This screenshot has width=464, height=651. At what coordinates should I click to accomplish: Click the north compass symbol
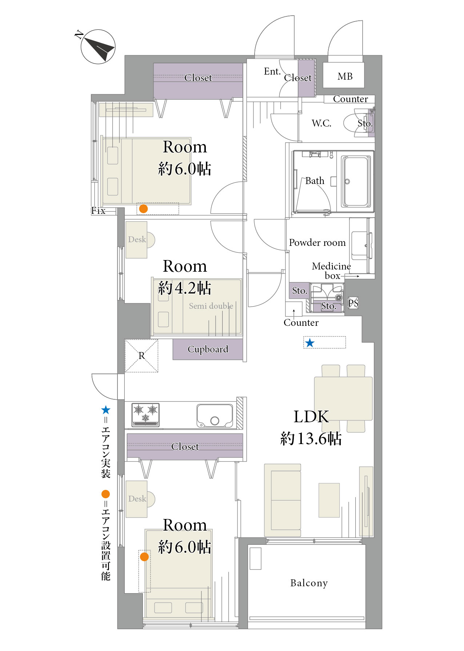97,47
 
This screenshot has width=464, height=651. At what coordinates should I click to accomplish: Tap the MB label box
344,75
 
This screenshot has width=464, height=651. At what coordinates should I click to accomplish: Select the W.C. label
321,123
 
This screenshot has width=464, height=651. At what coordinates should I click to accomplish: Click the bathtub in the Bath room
356,181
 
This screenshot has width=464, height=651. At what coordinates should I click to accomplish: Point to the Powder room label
317,243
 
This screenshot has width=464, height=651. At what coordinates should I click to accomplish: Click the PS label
353,303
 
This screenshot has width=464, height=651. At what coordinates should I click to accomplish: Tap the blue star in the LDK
310,343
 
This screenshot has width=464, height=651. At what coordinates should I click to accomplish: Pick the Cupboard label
208,349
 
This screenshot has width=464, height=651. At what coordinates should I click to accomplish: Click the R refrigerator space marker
141,356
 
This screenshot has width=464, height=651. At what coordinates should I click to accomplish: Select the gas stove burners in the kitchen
145,415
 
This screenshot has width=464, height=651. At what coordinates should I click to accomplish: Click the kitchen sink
215,415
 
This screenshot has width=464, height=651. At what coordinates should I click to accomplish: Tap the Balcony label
309,583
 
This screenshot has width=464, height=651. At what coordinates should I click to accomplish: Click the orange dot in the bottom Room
144,557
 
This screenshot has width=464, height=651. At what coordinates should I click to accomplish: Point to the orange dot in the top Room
144,209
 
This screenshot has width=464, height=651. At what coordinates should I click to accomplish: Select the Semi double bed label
211,306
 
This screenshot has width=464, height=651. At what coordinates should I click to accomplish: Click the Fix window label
98,211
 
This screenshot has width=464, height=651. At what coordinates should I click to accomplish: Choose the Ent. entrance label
272,71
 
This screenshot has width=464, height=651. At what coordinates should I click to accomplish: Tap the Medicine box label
331,271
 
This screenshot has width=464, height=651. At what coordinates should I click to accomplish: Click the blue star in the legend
106,410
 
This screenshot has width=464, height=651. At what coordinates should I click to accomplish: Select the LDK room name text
311,417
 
